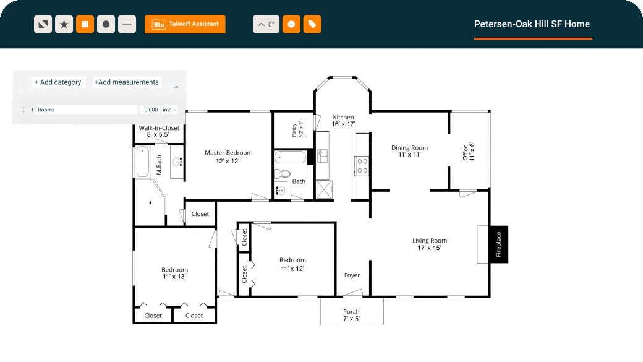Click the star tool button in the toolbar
(64, 25)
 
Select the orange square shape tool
(85, 25)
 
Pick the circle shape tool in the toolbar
(106, 25)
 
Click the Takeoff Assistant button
(185, 24)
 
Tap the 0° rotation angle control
(266, 25)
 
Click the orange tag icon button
(312, 25)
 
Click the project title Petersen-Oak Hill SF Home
(532, 24)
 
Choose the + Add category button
(57, 82)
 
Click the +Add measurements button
(127, 82)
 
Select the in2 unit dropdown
(169, 110)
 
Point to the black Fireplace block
(498, 244)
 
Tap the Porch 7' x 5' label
(351, 316)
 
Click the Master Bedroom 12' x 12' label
(228, 157)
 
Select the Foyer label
(352, 275)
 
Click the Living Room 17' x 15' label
(430, 244)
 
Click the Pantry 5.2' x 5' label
(297, 129)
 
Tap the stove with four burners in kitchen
(362, 165)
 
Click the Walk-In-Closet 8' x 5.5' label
(159, 131)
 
